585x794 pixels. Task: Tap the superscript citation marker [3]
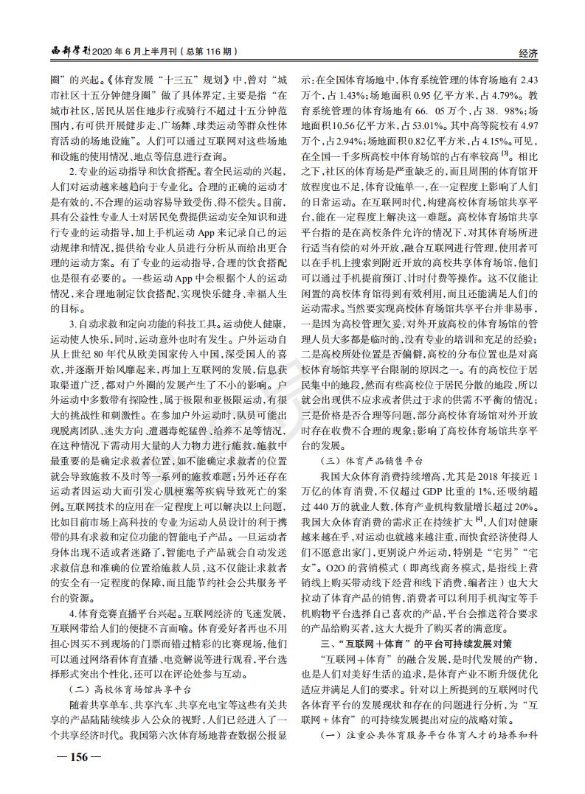point(504,153)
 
